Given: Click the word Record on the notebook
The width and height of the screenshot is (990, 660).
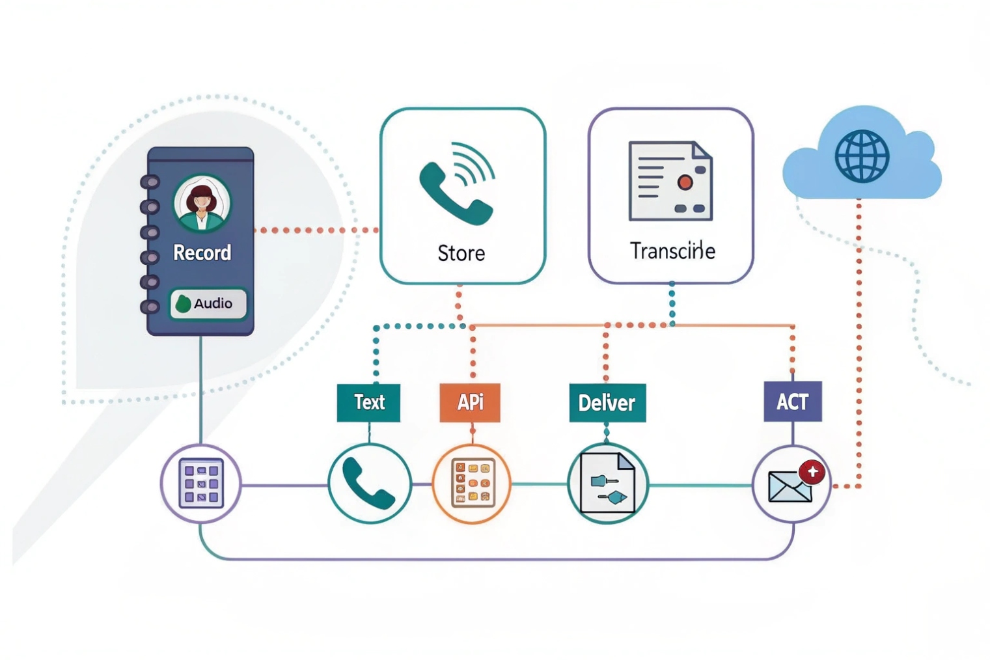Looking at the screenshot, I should click(202, 253).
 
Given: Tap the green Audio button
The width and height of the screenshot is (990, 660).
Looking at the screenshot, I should click(208, 303).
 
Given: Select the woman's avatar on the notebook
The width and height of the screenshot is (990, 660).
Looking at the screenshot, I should click(202, 202).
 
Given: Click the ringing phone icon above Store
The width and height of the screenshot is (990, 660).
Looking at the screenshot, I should click(457, 184).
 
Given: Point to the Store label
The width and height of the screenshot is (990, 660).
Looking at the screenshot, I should click(461, 253).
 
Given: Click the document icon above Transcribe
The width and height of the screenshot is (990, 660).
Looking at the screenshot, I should click(670, 181).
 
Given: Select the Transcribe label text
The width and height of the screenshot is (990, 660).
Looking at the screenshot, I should click(672, 251).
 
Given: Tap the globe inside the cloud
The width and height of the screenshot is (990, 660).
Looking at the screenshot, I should click(862, 156).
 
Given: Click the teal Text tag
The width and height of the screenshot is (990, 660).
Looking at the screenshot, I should click(368, 402).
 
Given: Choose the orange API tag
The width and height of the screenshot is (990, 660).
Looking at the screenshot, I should click(470, 402).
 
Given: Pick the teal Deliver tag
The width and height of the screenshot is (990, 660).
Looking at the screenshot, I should click(607, 403).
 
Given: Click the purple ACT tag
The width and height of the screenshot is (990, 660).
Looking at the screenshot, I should click(792, 402).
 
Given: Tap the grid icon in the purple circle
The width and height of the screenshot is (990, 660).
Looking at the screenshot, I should click(201, 484).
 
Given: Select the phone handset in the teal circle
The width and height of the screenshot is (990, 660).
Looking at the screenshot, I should click(368, 484).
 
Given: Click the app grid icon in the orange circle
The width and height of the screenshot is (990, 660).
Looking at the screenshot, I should click(472, 484).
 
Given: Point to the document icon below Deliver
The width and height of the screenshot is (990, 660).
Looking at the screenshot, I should click(607, 484).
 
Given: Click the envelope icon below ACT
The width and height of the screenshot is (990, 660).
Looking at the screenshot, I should click(790, 487).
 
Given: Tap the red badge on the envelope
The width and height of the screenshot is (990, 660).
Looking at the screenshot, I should click(812, 472).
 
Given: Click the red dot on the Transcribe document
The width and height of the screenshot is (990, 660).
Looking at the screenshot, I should click(685, 182).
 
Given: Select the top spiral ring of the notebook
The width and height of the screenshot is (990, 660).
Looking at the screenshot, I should click(150, 182).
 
